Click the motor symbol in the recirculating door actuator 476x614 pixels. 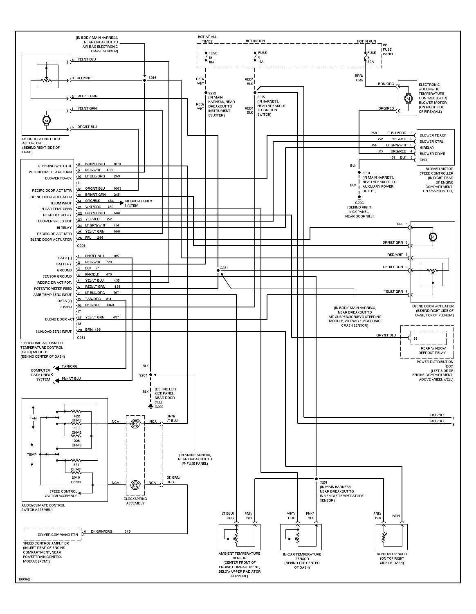[x=46, y=121]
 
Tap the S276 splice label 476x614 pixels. [x=152, y=78]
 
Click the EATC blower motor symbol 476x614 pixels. [x=408, y=98]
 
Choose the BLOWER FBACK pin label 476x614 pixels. [x=433, y=135]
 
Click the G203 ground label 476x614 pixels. [x=359, y=203]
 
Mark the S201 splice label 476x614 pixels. [x=366, y=173]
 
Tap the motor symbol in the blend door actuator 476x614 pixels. [x=433, y=237]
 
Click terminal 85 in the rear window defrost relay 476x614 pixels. [x=415, y=338]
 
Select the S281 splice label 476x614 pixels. [x=224, y=268]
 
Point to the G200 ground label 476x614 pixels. [x=159, y=407]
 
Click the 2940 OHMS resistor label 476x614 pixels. [x=76, y=480]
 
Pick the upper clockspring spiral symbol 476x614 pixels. [x=135, y=424]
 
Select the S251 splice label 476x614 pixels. [x=323, y=482]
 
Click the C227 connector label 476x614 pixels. [x=81, y=246]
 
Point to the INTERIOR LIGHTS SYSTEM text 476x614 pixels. [x=138, y=203]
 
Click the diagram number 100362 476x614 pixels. [x=24, y=579]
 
